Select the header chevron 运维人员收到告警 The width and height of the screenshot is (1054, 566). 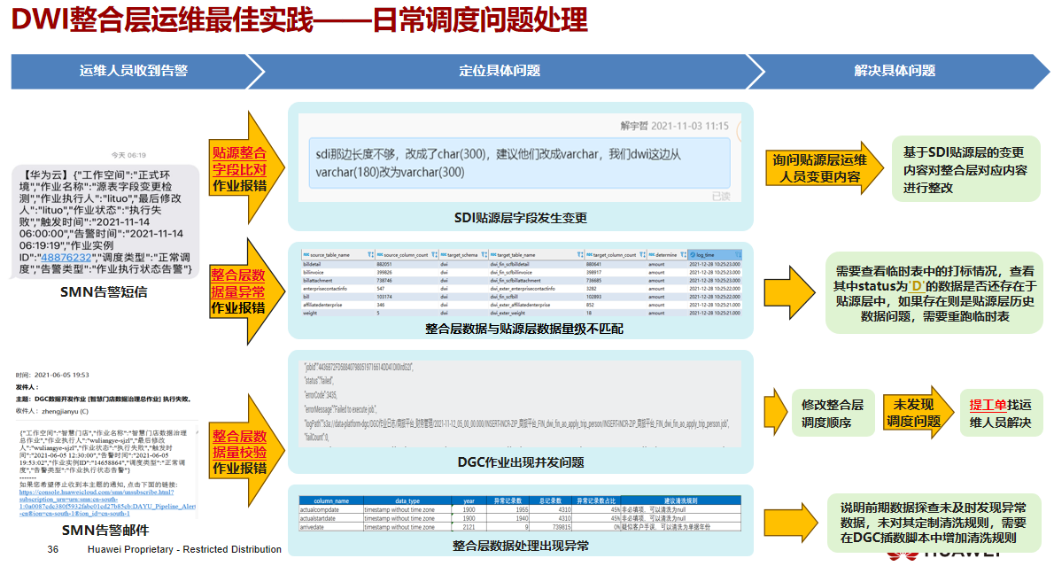point(133,70)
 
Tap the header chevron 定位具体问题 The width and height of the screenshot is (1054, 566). point(500,70)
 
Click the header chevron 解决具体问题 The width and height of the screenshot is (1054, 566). point(895,70)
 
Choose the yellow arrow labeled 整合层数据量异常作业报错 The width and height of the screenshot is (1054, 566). point(238,291)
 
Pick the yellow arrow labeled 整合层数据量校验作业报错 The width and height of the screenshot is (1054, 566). point(238,452)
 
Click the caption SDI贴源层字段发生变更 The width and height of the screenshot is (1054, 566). point(521,218)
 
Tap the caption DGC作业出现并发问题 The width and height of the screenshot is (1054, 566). point(521,461)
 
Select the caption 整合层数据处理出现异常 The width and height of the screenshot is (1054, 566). point(521,546)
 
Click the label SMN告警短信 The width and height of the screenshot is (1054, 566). point(104,291)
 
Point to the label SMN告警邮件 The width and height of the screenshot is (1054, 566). point(105,531)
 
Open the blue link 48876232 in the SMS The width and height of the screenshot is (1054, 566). point(67,258)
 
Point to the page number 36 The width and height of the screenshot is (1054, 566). point(53,550)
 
